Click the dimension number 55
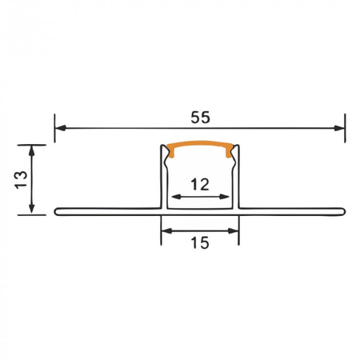coord(200,117)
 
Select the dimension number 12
coord(200,184)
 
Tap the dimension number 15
coord(200,242)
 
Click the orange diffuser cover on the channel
coord(200,146)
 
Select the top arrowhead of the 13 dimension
coord(31,150)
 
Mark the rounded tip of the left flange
coord(58,212)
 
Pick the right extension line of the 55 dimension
coord(345,132)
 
